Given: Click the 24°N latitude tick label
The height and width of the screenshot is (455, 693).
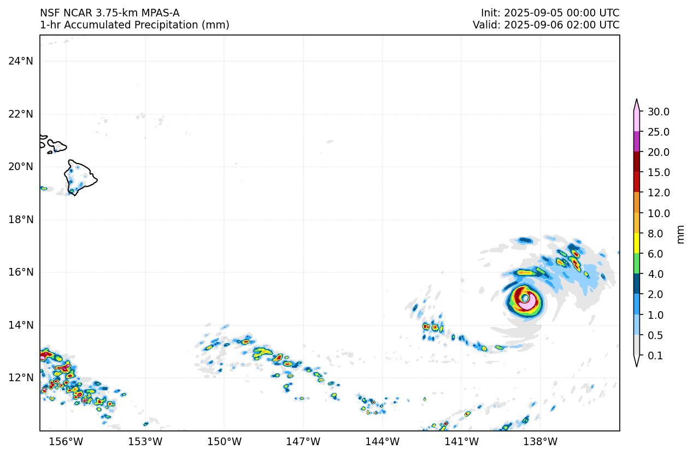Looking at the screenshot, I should tap(20, 61).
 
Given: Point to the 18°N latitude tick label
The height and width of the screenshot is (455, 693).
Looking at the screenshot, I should tap(20, 219).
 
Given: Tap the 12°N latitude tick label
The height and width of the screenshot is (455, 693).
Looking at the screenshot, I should tap(20, 378).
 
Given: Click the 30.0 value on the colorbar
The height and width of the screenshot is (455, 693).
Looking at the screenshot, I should tap(659, 112).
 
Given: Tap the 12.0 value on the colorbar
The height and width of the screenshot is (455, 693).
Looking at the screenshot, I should tap(659, 193).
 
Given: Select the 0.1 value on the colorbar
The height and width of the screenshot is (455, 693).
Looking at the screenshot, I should tap(655, 356).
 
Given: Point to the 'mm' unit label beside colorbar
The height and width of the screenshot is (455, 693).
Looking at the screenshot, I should tap(680, 234).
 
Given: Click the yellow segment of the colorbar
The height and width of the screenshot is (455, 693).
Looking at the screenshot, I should tap(637, 243).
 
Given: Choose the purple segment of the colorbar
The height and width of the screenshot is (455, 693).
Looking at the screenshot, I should tap(637, 142).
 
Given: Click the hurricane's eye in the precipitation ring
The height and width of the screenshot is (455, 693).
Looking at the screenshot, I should tap(525, 298).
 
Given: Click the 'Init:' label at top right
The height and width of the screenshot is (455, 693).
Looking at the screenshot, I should tap(491, 13).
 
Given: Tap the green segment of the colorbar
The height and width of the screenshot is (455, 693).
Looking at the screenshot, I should tap(637, 264).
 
